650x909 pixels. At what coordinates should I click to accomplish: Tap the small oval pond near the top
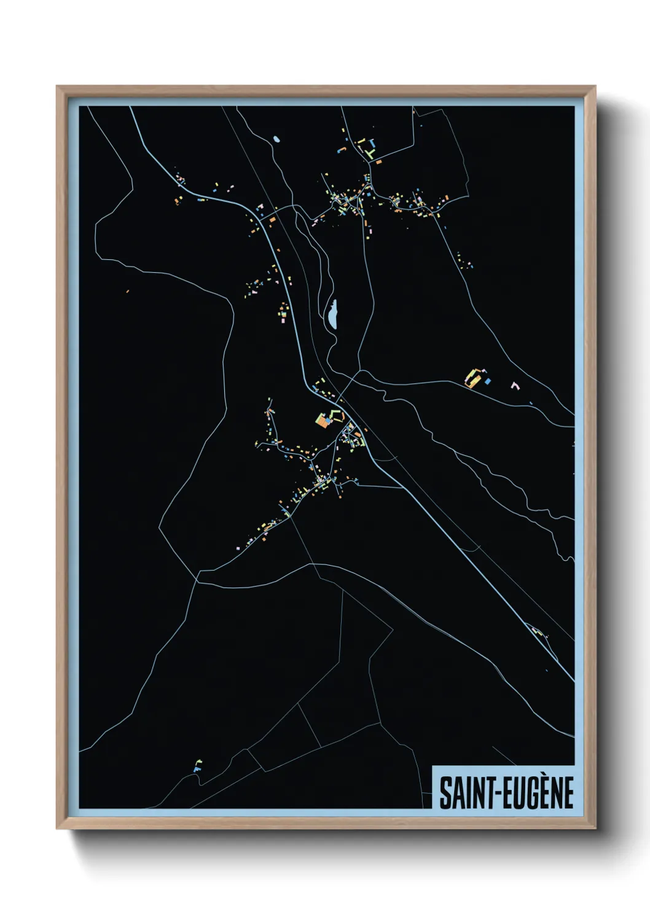(276, 139)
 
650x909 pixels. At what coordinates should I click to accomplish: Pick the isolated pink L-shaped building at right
(515, 386)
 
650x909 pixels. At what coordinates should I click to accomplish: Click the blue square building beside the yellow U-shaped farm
(488, 381)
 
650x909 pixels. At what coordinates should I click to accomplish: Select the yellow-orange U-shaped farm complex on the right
(472, 378)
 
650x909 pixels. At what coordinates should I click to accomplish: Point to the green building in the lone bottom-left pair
(198, 763)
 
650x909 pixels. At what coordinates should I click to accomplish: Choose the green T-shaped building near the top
(371, 144)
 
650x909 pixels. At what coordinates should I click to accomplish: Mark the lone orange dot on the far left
(127, 291)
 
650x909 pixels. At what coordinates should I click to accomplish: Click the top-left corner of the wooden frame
(57, 87)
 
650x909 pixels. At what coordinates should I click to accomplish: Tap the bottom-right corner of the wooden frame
(595, 829)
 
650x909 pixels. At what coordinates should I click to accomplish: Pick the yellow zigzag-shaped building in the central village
(338, 458)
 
